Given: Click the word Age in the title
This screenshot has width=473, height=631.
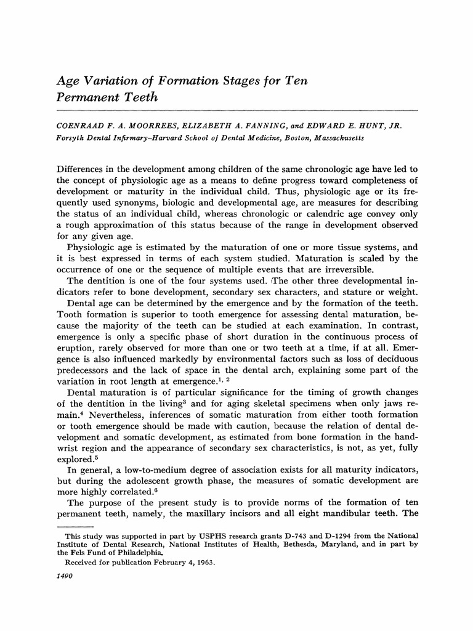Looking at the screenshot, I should [x=68, y=81].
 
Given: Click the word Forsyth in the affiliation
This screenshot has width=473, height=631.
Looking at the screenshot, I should [x=73, y=138].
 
